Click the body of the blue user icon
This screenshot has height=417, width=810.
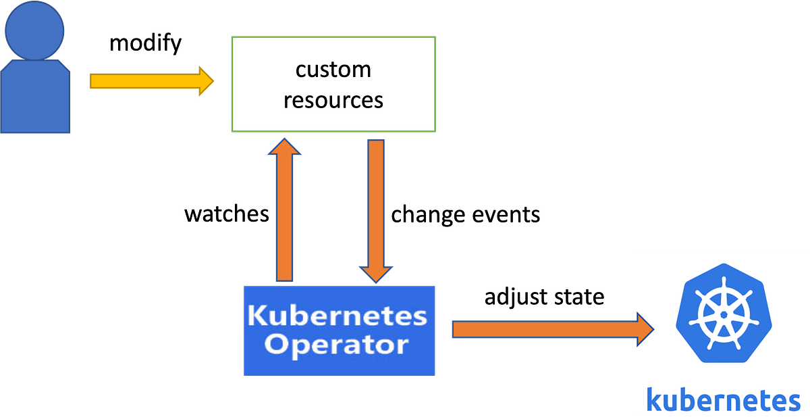(36, 98)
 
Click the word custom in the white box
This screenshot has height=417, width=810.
(333, 70)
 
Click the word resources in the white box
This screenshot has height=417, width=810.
(333, 100)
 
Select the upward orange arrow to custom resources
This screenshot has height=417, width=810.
(285, 216)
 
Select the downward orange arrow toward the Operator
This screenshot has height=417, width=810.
(376, 203)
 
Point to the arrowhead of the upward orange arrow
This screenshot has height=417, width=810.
(285, 146)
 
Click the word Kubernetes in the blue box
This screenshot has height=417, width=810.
(337, 316)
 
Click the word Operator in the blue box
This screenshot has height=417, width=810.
(336, 344)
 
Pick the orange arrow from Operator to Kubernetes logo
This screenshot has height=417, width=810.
(540, 330)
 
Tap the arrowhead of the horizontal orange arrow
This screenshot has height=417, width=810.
(645, 330)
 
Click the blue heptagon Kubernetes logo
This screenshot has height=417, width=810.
(723, 318)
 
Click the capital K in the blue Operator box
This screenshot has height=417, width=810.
(257, 316)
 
